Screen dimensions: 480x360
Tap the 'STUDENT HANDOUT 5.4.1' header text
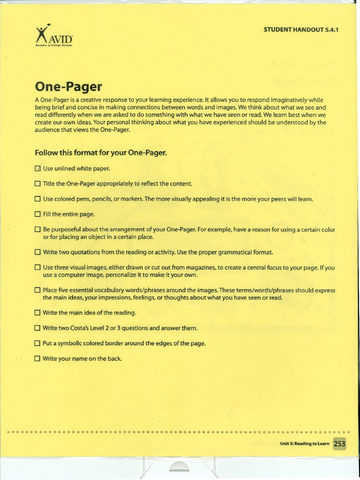click(301, 30)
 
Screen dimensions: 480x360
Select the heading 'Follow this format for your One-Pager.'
click(101, 153)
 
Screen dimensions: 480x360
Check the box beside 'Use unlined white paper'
click(37, 168)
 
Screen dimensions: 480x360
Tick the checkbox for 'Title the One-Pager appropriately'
click(37, 184)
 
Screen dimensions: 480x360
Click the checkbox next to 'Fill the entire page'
click(37, 214)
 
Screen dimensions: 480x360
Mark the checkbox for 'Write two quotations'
click(37, 252)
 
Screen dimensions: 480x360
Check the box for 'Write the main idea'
click(37, 313)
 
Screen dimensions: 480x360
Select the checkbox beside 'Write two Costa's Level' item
click(37, 328)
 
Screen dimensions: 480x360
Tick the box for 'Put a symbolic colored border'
click(37, 343)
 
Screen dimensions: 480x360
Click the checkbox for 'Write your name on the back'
click(37, 359)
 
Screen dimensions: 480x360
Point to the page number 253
click(339, 443)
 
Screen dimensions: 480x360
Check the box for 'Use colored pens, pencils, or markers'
click(37, 199)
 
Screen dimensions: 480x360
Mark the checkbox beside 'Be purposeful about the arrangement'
click(37, 230)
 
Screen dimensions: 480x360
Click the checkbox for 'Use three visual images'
click(37, 268)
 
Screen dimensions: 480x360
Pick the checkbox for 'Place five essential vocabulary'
click(37, 290)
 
